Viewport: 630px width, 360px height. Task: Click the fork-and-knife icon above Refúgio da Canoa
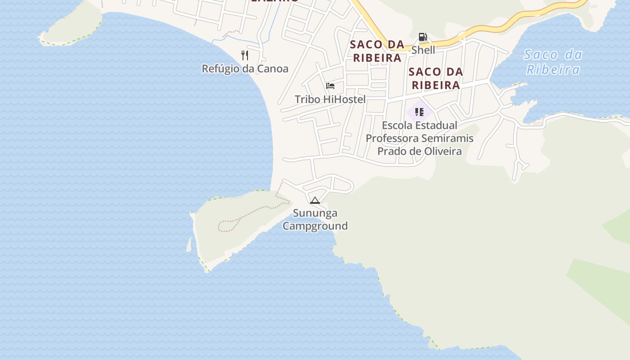[x=245, y=55]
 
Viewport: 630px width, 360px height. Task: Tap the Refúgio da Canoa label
[x=245, y=69]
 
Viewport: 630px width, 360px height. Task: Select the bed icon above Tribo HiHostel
[x=330, y=86]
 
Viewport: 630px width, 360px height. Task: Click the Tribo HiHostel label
[x=330, y=99]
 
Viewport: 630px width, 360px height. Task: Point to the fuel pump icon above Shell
[x=423, y=37]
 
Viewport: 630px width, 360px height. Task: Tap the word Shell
[x=423, y=50]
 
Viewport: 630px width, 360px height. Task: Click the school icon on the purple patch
[x=419, y=112]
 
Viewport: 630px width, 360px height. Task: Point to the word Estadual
[x=436, y=125]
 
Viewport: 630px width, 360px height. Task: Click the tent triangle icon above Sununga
[x=315, y=200]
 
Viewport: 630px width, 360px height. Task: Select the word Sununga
[x=315, y=213]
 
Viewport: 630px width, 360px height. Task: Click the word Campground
[x=315, y=226]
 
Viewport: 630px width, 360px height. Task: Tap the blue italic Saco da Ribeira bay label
[x=553, y=62]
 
